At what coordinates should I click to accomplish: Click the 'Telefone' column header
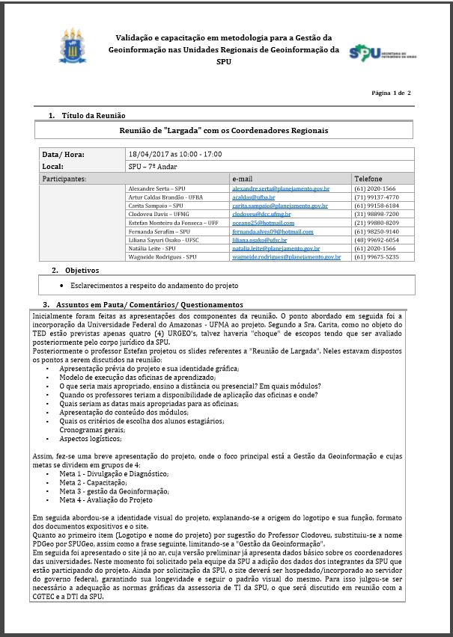click(368, 179)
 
